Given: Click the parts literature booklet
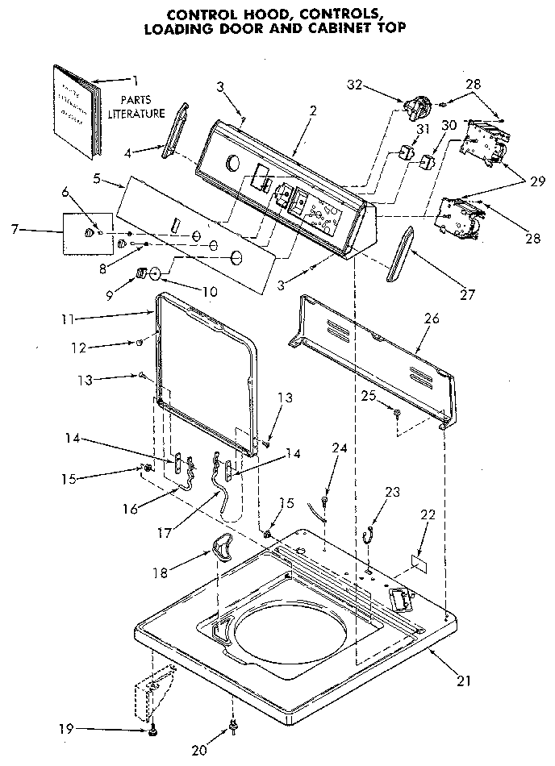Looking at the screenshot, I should [x=77, y=110].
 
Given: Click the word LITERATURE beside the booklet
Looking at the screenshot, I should [x=137, y=114].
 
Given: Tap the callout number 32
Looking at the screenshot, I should [x=357, y=83].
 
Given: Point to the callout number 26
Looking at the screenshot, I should [x=432, y=318].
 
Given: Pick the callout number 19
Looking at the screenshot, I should [x=67, y=730].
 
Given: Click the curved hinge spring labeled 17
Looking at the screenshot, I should [x=219, y=490].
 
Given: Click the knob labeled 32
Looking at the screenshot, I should [x=415, y=106].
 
